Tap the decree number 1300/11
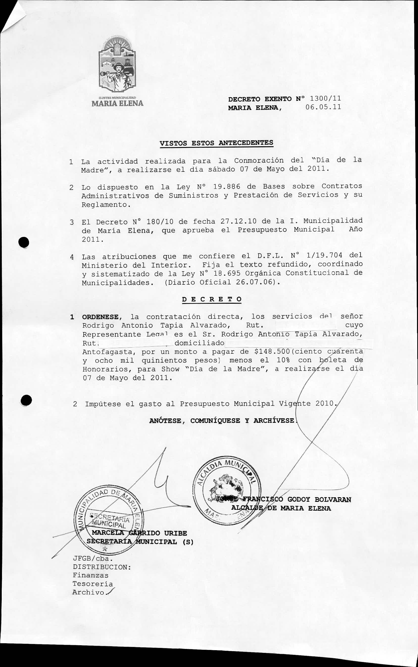(x=325, y=99)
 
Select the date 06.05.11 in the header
(x=323, y=107)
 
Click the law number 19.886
(x=227, y=187)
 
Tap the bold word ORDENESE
(x=100, y=317)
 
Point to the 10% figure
(x=283, y=360)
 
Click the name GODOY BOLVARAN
(x=319, y=499)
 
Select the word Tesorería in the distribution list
(x=93, y=584)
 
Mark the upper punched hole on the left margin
(x=24, y=242)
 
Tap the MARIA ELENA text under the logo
(x=118, y=104)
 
